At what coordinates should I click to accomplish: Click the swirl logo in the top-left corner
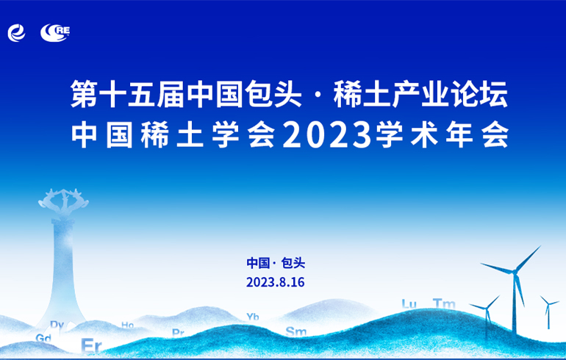[17, 33]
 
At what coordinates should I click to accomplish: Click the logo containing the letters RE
[55, 32]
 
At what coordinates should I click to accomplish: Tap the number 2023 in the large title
[327, 135]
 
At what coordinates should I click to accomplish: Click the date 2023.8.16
[276, 281]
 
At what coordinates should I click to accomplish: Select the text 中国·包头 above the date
[276, 263]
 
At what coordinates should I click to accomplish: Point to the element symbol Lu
[409, 303]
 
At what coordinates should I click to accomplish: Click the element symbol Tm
[444, 303]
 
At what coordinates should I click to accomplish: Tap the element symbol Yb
[253, 317]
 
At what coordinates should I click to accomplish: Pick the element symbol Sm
[296, 331]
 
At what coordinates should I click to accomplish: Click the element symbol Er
[91, 345]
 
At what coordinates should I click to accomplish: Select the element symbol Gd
[43, 338]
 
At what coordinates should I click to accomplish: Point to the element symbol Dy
[57, 325]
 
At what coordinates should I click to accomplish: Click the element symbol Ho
[127, 325]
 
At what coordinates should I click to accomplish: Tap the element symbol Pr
[179, 332]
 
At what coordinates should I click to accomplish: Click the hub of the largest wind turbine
[514, 272]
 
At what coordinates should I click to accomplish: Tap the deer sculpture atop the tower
[63, 201]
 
